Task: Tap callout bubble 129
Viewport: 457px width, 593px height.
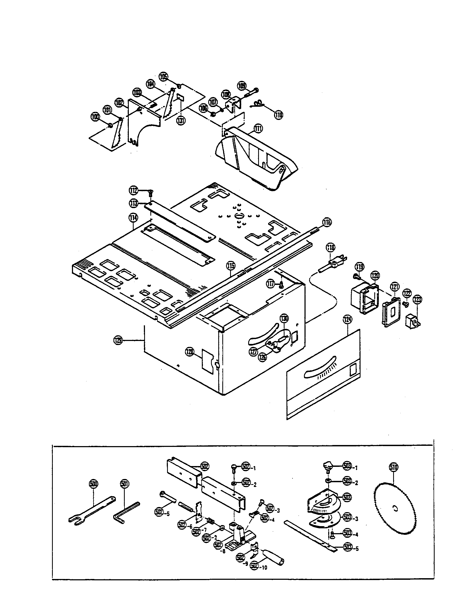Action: [x=119, y=340]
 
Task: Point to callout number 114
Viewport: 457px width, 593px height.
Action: [x=133, y=218]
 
